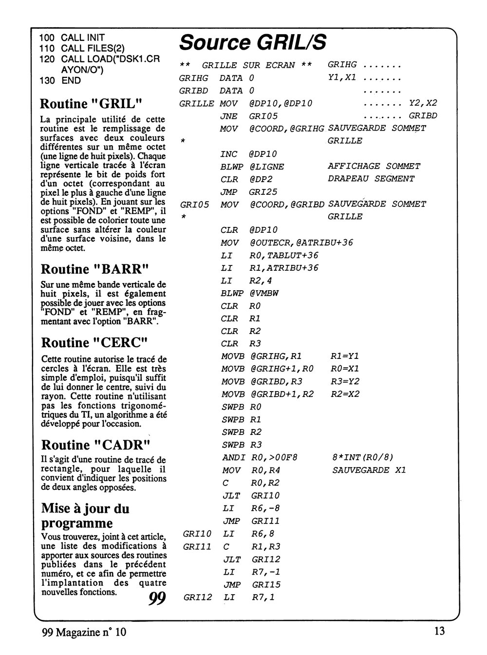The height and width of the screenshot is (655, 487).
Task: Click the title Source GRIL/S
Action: [252, 43]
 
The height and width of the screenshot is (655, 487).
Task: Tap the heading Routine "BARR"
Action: [95, 269]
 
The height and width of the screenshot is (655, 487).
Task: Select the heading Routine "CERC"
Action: [95, 343]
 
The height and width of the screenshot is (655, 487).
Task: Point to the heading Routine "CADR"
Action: [95, 445]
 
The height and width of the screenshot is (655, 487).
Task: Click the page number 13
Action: [438, 632]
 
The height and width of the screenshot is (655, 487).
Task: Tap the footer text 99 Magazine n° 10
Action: [87, 633]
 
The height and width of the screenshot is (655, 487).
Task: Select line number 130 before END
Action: [47, 81]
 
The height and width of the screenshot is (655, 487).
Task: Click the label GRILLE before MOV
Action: [196, 103]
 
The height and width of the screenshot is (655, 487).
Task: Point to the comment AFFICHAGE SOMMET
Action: [374, 167]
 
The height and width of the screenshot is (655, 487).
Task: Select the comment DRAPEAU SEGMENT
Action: [371, 179]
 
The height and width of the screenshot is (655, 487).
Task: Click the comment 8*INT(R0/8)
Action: [362, 457]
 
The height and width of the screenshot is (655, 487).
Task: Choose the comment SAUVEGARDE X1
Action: [369, 470]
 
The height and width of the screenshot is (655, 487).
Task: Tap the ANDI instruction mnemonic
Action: [233, 457]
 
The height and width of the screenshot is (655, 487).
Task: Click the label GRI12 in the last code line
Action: [197, 597]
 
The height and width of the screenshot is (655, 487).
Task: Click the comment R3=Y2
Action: [345, 381]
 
